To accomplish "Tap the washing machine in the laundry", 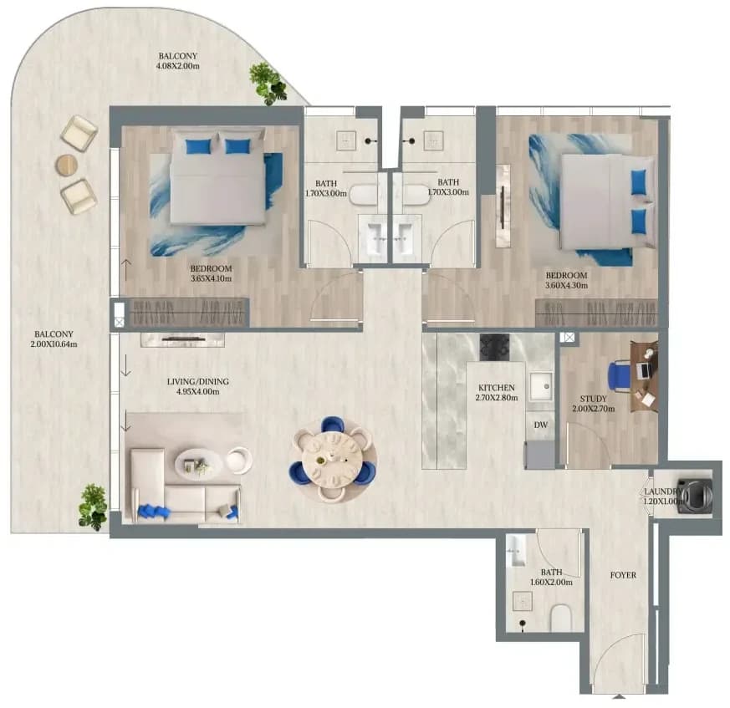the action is tap(696, 497).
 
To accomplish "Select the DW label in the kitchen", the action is tap(540, 425).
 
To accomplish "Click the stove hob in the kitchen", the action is tap(495, 347).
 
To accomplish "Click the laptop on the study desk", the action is tap(644, 370).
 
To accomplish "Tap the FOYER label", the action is tap(623, 575).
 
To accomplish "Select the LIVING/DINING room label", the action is tap(198, 382).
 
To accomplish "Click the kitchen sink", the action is tap(541, 385).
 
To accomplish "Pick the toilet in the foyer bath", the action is tap(560, 617).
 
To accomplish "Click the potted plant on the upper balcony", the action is tap(268, 84).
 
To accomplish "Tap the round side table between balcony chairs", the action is tap(67, 166).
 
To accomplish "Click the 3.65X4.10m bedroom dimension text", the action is tap(211, 279).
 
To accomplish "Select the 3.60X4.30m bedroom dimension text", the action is tap(566, 285).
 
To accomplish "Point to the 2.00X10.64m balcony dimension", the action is tap(54, 344).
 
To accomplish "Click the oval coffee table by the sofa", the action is tap(199, 465).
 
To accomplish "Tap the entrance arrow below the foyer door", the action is tap(618, 696).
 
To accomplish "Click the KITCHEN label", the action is tap(497, 388).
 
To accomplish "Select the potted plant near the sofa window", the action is tap(94, 507).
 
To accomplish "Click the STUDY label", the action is tap(593, 399).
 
